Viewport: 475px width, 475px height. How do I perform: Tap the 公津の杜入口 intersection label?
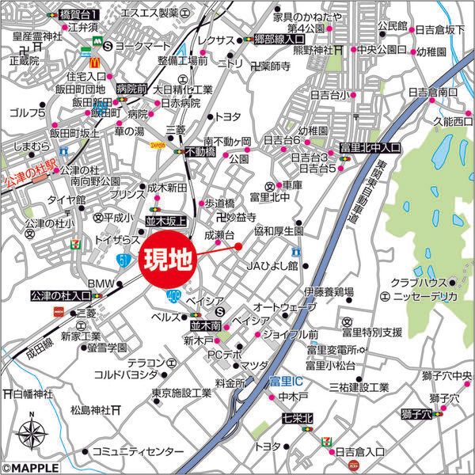point(60,297)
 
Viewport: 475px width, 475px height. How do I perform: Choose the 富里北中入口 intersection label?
point(370,148)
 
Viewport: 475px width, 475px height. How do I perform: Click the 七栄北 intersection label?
point(297,417)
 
